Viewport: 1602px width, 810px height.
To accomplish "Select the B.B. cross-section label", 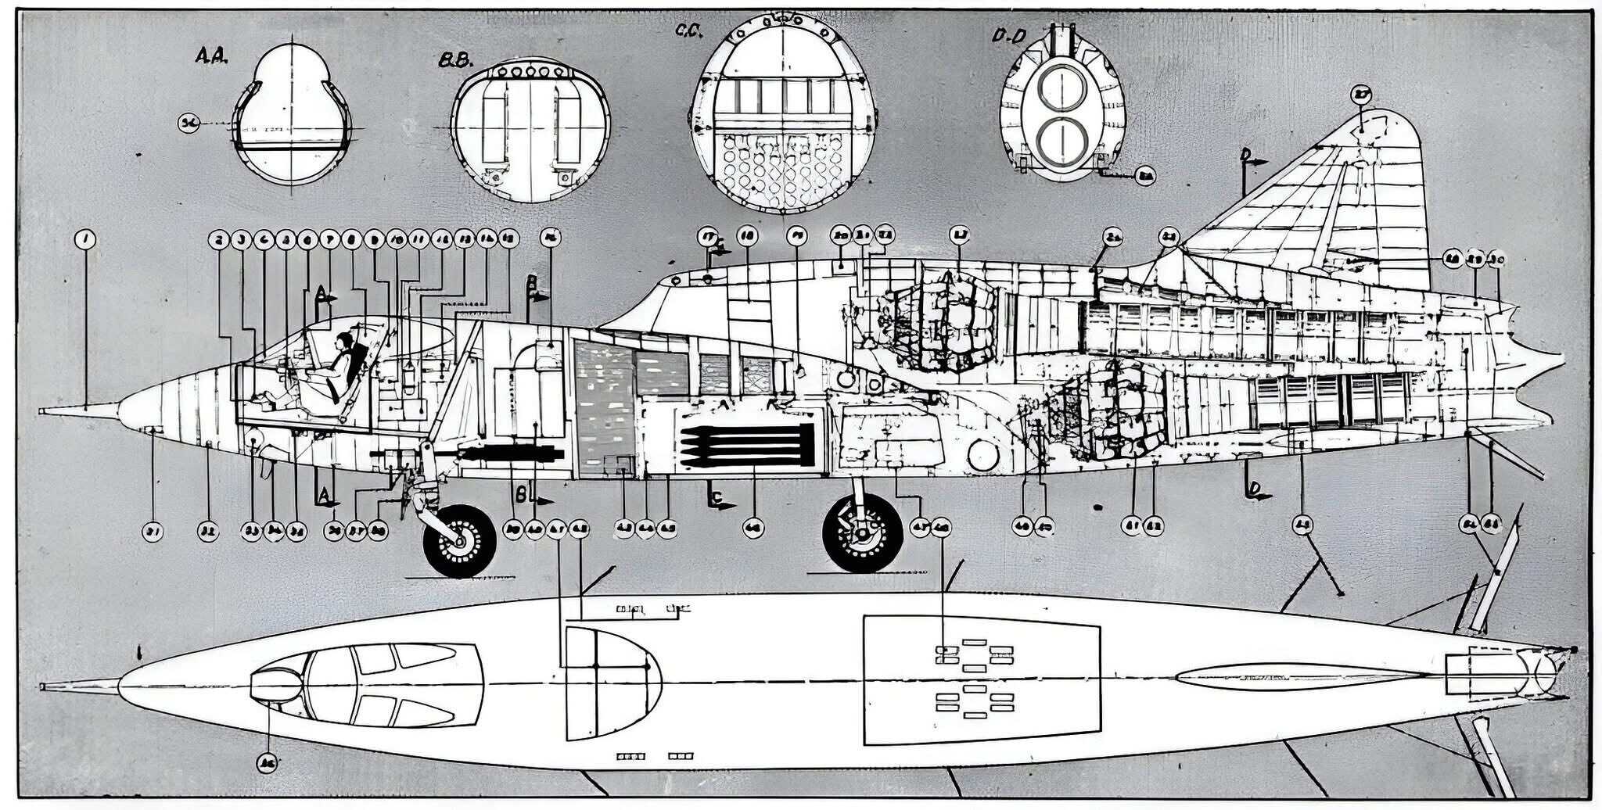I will tap(453, 60).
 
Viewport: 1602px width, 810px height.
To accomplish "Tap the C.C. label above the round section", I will tap(689, 30).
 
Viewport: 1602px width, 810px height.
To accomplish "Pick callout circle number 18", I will tap(748, 236).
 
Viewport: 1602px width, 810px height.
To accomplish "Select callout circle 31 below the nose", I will tap(153, 532).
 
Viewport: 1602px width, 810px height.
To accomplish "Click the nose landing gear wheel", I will tap(459, 540).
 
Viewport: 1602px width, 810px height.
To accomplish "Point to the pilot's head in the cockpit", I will tap(343, 341).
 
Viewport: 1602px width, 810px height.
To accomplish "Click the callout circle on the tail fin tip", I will tap(1362, 95).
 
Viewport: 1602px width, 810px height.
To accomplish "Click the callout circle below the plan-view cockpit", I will tap(268, 762).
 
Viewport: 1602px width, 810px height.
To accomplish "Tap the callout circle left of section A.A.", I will tap(188, 123).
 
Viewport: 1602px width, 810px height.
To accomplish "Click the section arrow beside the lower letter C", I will tap(724, 505).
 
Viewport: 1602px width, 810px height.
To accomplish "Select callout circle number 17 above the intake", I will tap(708, 236).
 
